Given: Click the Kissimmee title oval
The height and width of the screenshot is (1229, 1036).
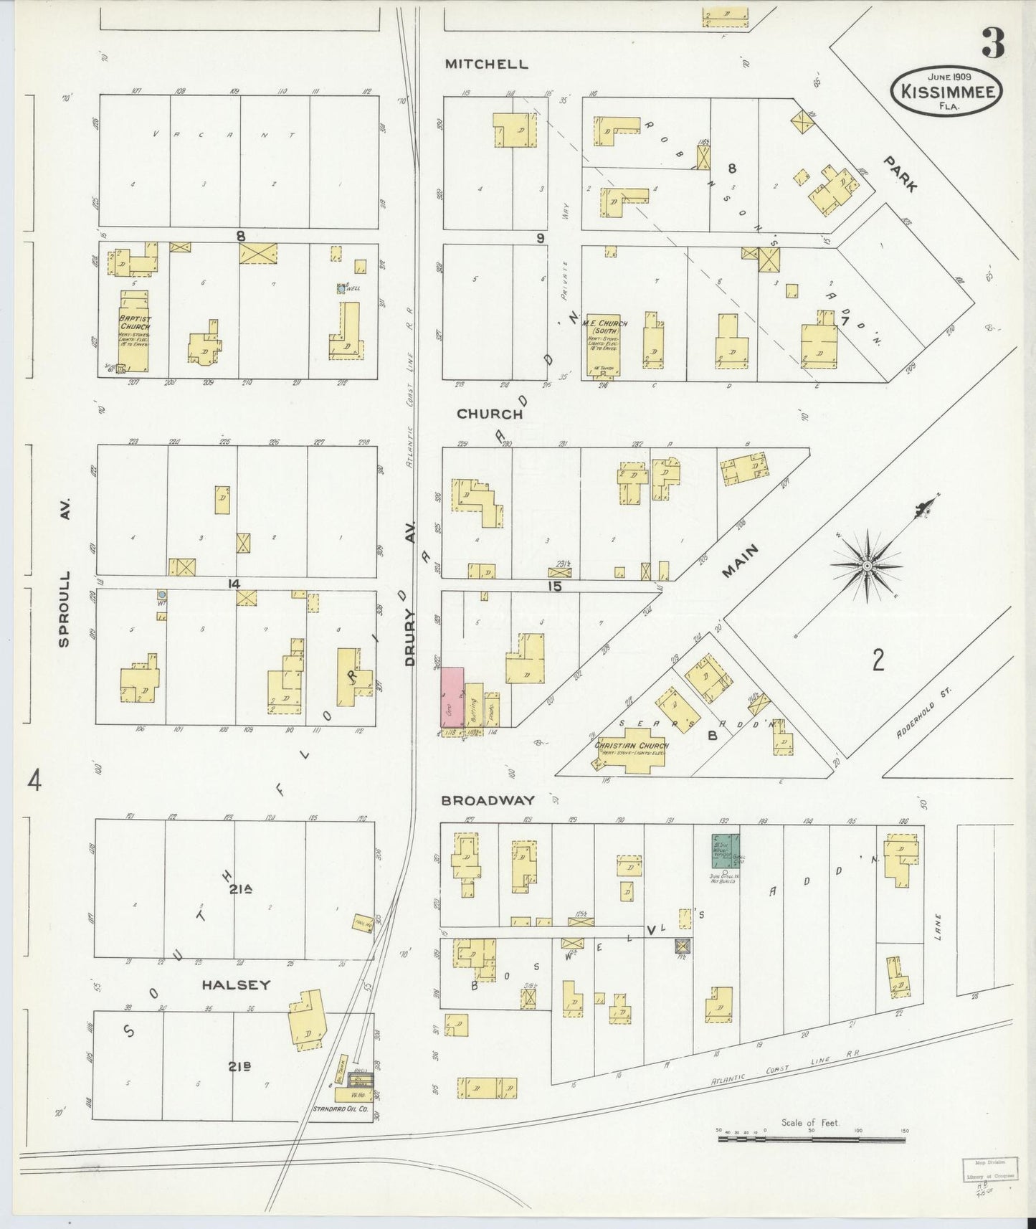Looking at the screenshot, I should (x=946, y=91).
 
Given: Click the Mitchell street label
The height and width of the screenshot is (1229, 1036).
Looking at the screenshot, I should (x=486, y=64).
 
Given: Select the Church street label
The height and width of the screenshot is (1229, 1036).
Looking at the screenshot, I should (x=490, y=414).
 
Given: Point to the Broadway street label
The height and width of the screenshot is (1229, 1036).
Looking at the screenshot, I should (x=488, y=800).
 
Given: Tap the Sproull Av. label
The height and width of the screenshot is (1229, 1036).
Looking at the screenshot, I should (x=65, y=609).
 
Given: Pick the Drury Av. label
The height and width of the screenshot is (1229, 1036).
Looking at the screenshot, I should (x=410, y=638).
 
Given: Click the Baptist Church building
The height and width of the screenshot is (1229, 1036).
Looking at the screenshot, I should (x=135, y=331).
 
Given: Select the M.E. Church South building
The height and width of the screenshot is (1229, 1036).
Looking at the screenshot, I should (x=603, y=344).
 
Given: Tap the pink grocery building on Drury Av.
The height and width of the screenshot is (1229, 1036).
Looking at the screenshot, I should (x=452, y=697).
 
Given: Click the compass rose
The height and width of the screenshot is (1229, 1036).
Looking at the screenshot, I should (x=867, y=566).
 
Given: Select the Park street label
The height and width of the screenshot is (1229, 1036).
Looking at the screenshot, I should (x=901, y=174).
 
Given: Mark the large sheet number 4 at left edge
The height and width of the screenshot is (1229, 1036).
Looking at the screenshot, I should (x=34, y=780).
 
